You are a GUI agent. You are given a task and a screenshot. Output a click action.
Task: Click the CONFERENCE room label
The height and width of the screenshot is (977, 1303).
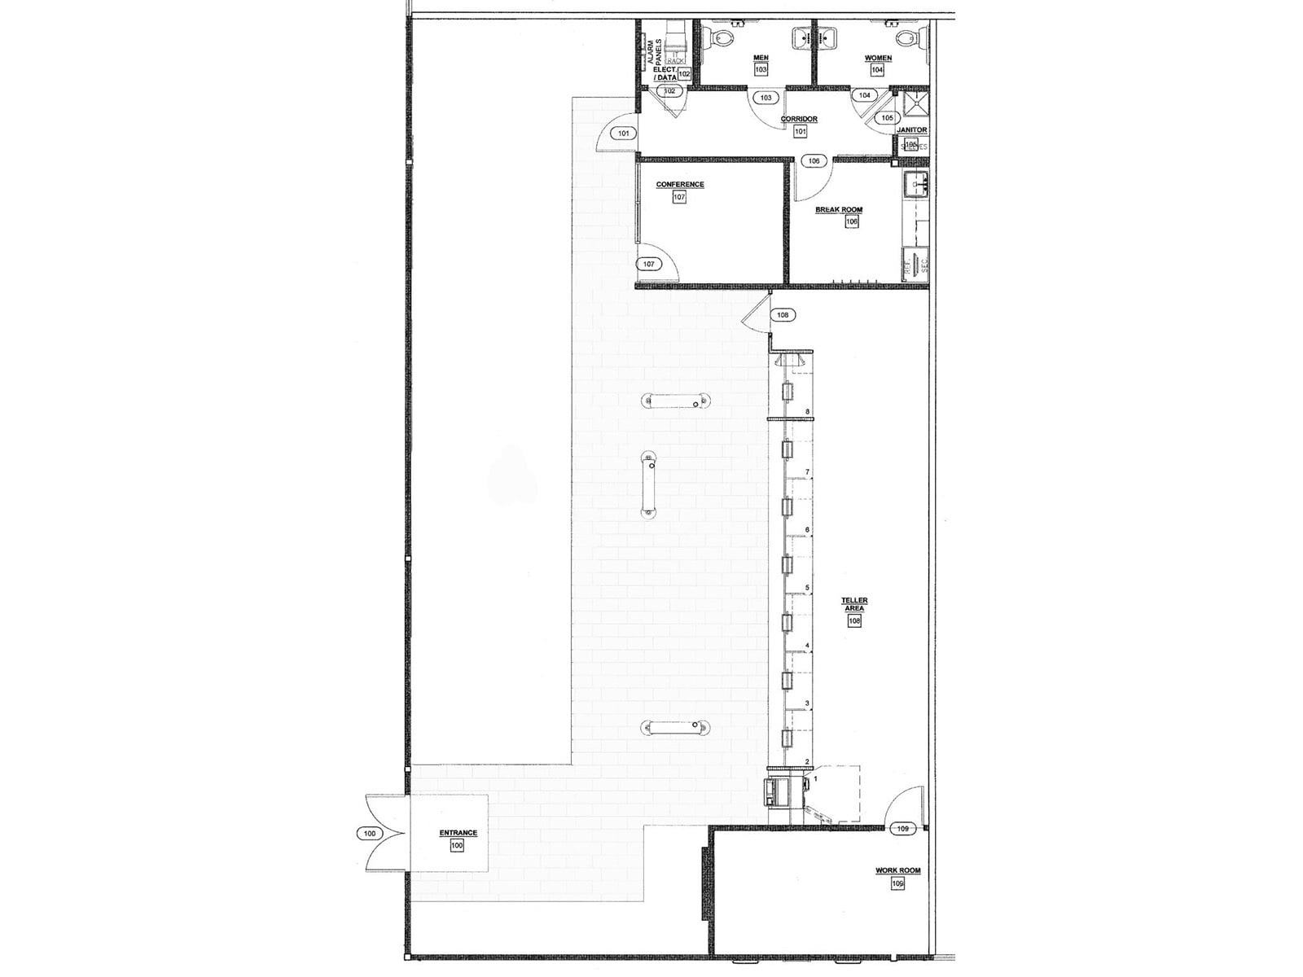[680, 185]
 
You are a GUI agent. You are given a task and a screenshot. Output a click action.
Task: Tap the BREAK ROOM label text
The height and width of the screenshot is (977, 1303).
[839, 210]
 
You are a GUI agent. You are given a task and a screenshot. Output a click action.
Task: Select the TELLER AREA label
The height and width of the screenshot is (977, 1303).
[854, 604]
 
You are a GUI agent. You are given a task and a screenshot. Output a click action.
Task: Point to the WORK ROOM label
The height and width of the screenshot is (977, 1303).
[897, 870]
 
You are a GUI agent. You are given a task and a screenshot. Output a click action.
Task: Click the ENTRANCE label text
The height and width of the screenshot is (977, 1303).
[458, 833]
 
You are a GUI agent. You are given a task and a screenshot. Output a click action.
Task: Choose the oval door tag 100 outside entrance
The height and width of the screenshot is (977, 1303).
[370, 833]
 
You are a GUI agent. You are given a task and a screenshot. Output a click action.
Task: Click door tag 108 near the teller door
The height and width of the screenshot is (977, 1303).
[783, 315]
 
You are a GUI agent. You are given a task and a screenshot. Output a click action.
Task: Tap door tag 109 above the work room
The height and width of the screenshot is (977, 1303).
[902, 829]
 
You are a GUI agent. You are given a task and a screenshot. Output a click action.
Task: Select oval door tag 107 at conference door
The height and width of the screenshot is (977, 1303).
[649, 265]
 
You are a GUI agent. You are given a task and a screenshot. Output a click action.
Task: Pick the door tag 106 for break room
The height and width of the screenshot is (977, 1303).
[814, 161]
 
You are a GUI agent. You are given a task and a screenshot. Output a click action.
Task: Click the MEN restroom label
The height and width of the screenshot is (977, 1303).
[761, 58]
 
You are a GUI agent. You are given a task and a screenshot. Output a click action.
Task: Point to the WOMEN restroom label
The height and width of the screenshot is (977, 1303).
[878, 59]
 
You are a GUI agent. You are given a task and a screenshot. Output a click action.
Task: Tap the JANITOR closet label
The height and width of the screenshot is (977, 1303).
[911, 130]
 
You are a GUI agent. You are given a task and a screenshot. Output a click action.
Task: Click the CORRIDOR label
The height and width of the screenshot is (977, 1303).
[799, 120]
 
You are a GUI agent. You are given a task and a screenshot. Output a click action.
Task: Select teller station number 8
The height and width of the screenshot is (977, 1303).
[807, 412]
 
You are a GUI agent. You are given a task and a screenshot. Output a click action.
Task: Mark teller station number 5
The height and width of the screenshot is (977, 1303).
[807, 588]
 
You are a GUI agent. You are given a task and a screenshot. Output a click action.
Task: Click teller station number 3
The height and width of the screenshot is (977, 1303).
[807, 703]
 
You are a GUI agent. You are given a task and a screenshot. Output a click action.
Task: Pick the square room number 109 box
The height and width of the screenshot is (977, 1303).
[897, 883]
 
